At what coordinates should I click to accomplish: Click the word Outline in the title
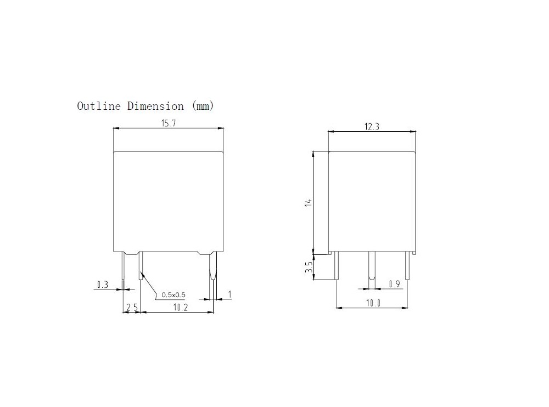tap(98, 106)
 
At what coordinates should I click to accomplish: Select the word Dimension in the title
tap(155, 106)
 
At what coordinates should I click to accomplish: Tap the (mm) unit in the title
tap(202, 106)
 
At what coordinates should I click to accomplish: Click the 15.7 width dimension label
tap(168, 123)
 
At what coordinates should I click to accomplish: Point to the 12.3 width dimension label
tap(372, 127)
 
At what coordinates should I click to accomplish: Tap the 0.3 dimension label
tap(103, 285)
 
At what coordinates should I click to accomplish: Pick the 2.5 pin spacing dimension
tap(132, 308)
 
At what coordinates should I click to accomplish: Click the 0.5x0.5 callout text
tap(174, 295)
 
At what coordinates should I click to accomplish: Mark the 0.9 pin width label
tap(394, 283)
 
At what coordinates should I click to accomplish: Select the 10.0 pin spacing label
tap(373, 303)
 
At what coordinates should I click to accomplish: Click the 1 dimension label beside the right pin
tap(229, 295)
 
